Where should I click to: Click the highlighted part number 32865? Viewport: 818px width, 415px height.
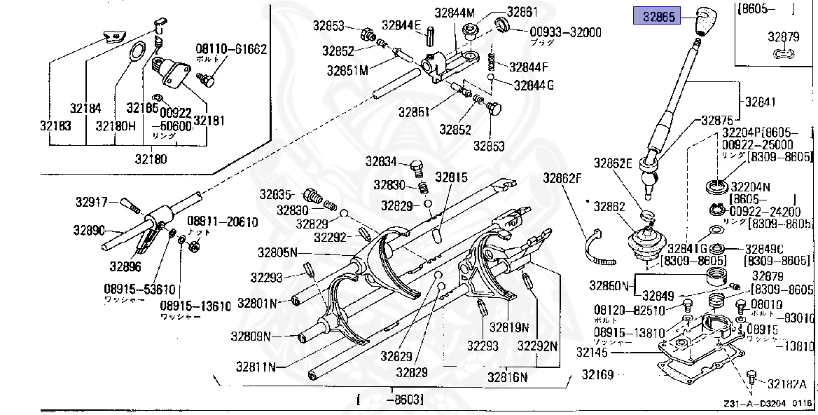tap(656, 16)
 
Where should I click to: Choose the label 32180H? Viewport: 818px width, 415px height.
tap(113, 126)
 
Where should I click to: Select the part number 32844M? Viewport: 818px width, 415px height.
tap(454, 12)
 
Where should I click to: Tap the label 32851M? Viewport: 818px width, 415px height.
tap(348, 70)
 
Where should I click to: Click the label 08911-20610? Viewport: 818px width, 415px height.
tap(223, 222)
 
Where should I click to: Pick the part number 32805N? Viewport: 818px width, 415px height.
tap(277, 252)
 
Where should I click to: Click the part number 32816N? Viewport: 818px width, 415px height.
tap(508, 377)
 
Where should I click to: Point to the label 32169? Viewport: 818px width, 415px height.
tap(597, 374)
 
